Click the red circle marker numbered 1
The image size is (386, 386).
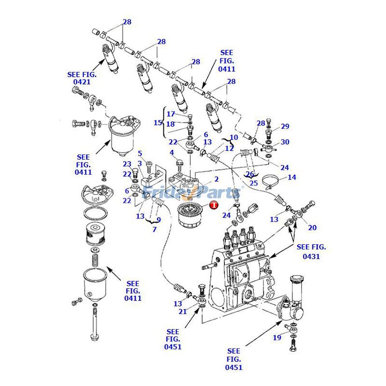(x=213, y=205)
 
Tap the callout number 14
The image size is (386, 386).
(x=292, y=177)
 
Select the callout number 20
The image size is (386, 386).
(x=312, y=228)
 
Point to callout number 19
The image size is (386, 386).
(x=277, y=338)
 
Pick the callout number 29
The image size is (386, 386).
(x=285, y=126)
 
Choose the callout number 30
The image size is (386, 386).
(x=285, y=142)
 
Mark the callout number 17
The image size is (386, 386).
(x=171, y=114)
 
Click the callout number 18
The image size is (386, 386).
(x=171, y=124)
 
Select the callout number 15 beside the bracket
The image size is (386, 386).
(x=158, y=123)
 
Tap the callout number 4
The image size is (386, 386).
(x=171, y=153)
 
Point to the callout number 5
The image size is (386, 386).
(x=140, y=153)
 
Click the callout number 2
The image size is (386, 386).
(x=217, y=179)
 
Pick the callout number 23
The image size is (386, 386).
(x=126, y=164)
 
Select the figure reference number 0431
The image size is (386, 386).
(x=311, y=257)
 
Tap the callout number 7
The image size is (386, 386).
(x=154, y=229)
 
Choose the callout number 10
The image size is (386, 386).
(x=234, y=138)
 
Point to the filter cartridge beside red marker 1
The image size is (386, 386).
(x=190, y=216)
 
